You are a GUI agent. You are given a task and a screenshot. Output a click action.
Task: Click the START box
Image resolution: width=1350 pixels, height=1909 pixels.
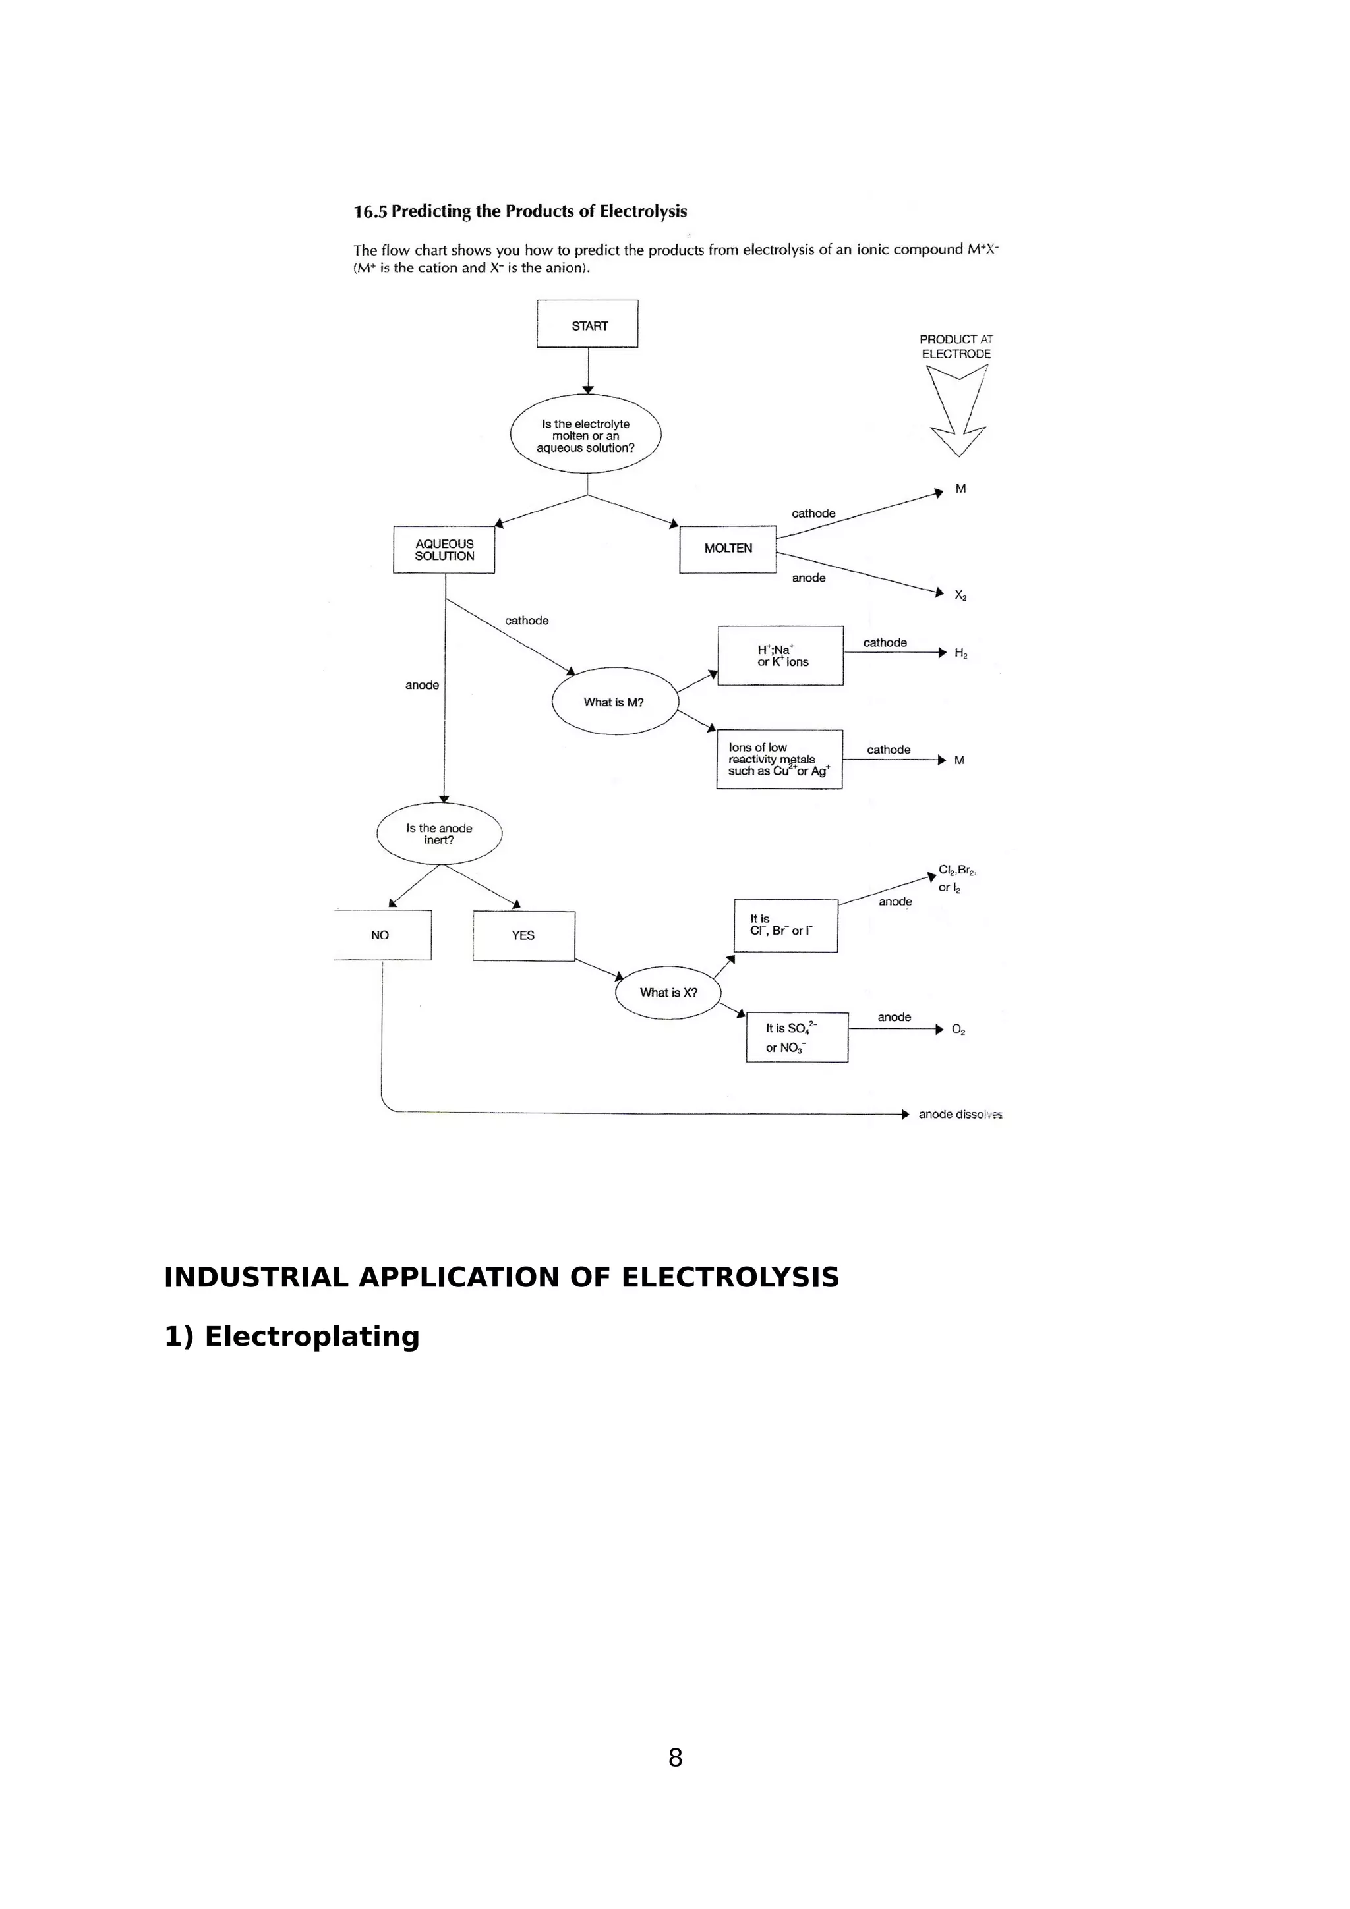coord(587,323)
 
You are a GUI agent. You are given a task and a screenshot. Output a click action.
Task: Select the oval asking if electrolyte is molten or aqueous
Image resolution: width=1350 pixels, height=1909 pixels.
coord(585,435)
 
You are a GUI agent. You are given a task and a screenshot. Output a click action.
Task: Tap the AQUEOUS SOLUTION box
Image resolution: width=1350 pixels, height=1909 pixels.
coord(444,549)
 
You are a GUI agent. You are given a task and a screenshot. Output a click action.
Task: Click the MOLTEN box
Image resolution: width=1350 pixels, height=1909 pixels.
coord(728,549)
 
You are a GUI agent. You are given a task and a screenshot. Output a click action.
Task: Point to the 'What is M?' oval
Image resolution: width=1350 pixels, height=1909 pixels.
coord(614,702)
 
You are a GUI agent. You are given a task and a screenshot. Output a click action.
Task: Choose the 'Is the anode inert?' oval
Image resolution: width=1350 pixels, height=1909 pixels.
coord(439,834)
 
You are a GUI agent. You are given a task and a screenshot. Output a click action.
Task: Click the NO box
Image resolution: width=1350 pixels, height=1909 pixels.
coord(382,935)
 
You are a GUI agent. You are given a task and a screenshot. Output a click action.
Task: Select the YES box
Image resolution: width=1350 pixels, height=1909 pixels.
coord(523,935)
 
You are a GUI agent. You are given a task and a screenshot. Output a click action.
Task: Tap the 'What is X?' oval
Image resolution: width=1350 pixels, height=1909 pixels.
coord(668,993)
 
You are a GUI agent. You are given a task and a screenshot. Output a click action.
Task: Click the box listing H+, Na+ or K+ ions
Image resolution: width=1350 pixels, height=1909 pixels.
coord(780,656)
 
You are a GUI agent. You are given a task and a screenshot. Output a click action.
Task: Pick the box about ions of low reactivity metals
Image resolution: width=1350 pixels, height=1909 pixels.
coord(779,759)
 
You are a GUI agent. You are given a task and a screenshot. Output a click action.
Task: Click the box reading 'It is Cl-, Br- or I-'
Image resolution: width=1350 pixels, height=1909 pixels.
coord(785,926)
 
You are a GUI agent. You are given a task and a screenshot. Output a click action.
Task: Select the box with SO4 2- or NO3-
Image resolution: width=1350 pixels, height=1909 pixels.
coord(797,1037)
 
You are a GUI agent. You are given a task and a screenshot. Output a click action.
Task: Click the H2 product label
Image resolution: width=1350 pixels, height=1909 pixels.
coord(960,653)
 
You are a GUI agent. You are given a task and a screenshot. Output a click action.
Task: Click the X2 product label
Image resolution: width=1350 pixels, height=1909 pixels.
coord(960,595)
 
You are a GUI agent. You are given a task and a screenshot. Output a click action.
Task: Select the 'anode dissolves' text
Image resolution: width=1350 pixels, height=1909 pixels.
coord(960,1114)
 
